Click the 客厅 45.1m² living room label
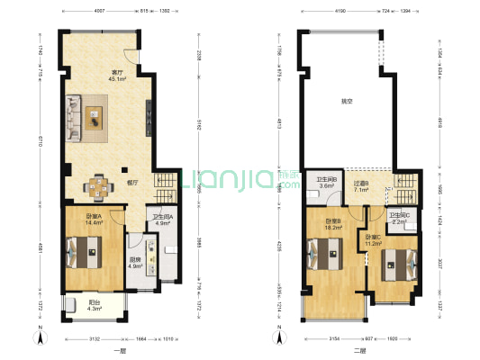pos(117,75)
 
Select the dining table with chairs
pos(96,186)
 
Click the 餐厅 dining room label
pos(131,183)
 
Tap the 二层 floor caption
pos(358,350)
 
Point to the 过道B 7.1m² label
pos(361,186)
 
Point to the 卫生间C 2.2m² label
pos(399,217)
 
